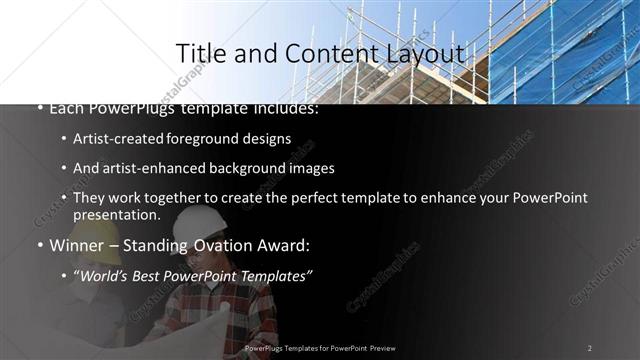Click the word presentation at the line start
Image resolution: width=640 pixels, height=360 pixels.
pos(116,215)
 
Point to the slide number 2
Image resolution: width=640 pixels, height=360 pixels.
pos(590,348)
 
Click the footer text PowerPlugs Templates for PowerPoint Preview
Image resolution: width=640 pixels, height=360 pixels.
pos(320,348)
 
